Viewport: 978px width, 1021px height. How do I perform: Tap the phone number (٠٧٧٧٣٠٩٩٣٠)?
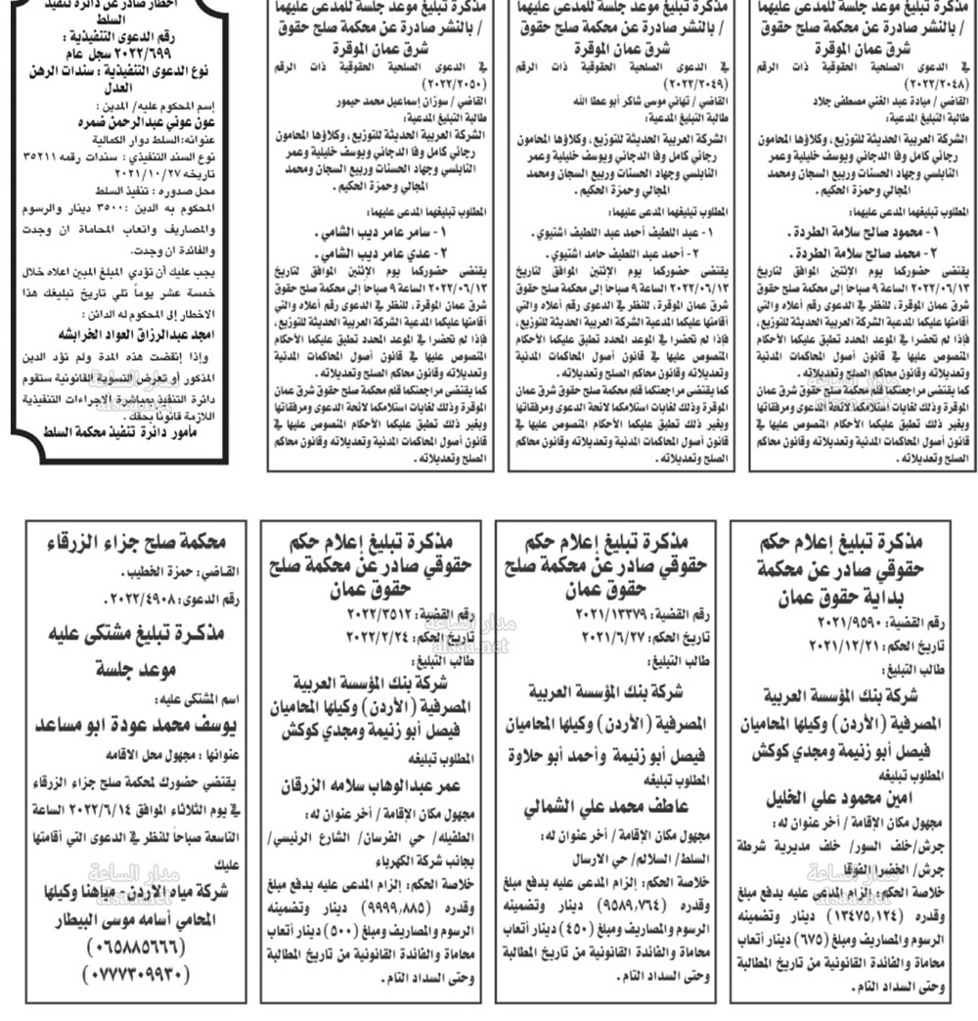127,974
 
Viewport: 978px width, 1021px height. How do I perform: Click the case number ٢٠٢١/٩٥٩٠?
841,623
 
